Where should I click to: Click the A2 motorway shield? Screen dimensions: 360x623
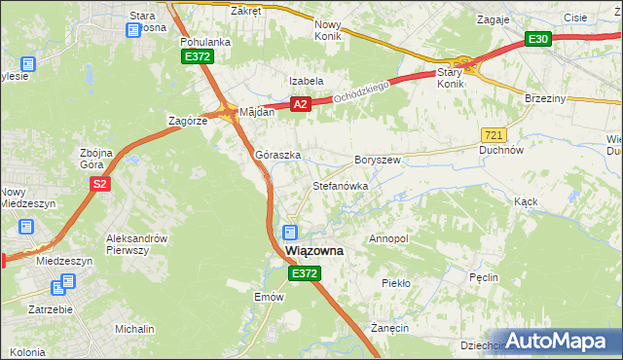tap(300, 104)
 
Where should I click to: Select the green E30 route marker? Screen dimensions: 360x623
tap(538, 39)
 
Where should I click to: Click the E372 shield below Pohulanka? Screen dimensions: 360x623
tap(197, 58)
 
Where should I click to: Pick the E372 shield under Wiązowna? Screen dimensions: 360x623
tap(304, 275)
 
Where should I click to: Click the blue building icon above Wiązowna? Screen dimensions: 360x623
tap(289, 232)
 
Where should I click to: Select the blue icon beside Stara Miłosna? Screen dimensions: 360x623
tap(133, 31)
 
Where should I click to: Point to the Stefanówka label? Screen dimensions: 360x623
tap(339, 184)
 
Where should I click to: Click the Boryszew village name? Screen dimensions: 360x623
tap(378, 159)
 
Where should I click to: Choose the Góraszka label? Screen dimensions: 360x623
tap(277, 155)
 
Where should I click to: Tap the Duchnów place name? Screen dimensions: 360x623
tap(502, 151)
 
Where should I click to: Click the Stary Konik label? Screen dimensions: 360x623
tap(450, 78)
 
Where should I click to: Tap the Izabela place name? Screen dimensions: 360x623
tap(305, 81)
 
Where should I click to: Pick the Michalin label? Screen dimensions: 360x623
tap(134, 329)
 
